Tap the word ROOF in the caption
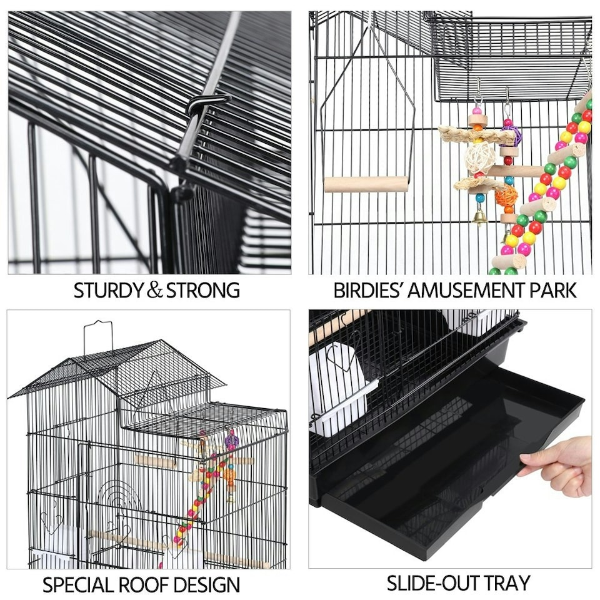pyautogui.click(x=146, y=585)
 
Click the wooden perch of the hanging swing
pyautogui.click(x=366, y=184)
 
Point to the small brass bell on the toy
pyautogui.click(x=480, y=217)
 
